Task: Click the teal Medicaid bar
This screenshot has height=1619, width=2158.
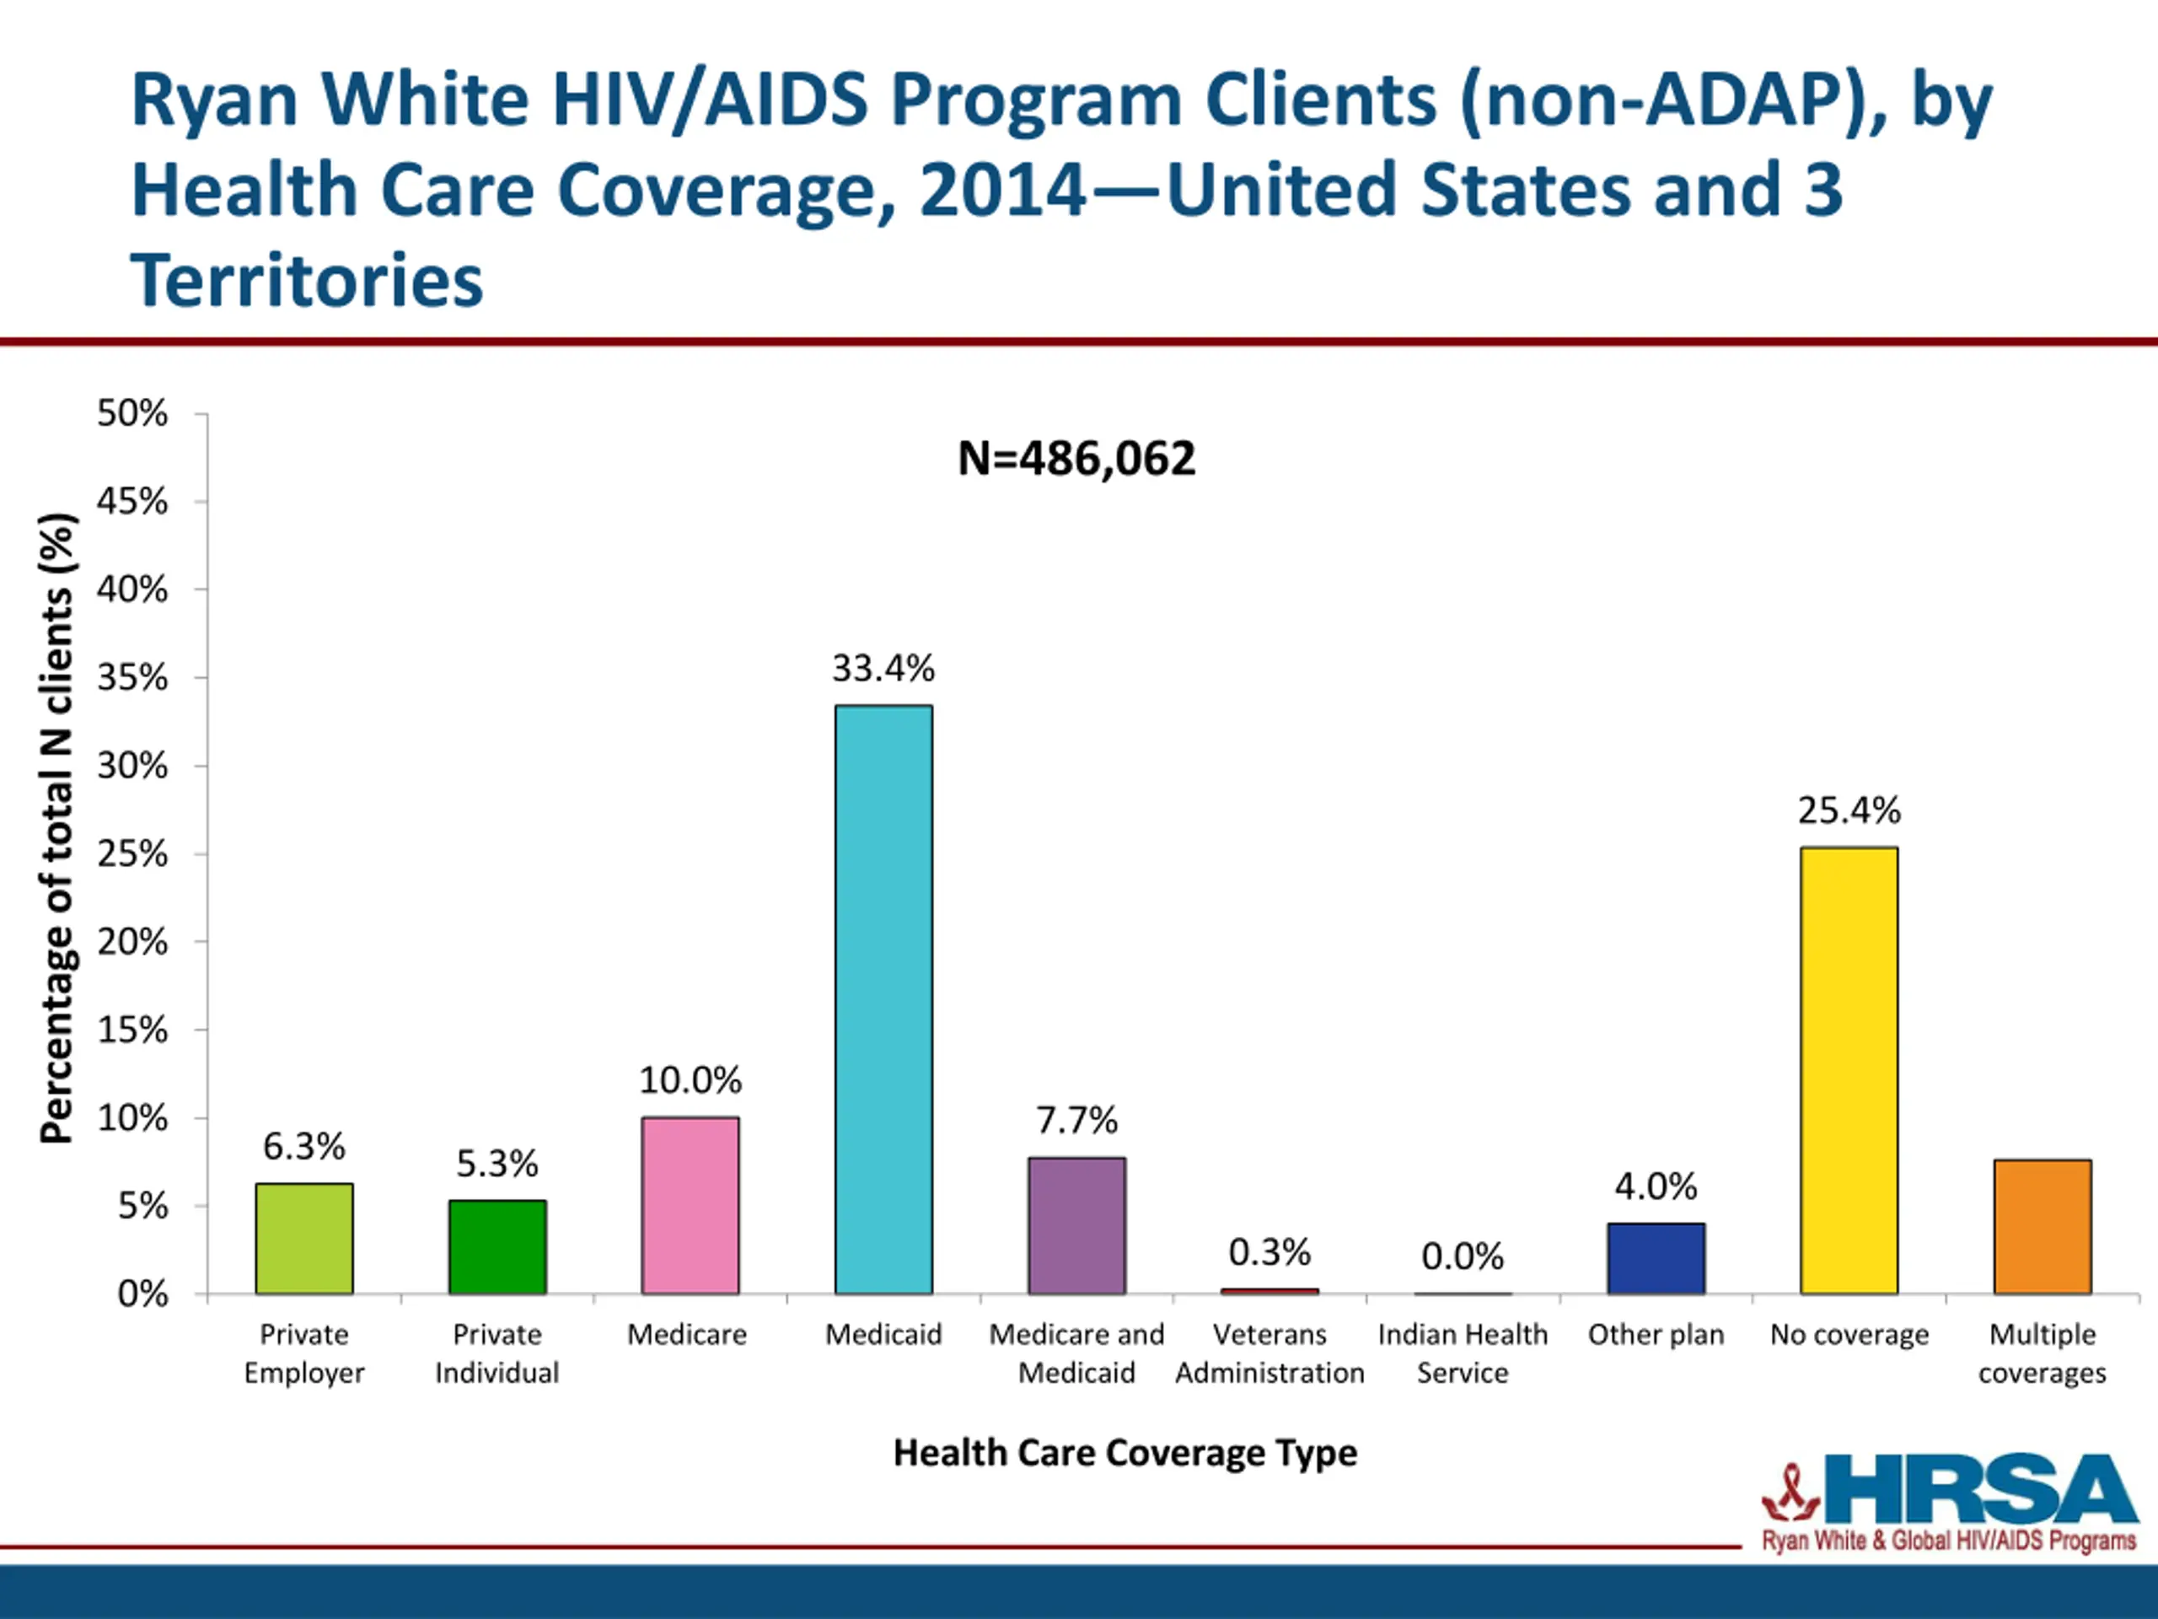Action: pos(883,999)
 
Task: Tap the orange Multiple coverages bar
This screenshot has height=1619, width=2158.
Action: pos(2042,1226)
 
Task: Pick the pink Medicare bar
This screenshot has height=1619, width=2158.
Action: pos(690,1205)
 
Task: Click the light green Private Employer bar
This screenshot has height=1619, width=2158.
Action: pos(304,1239)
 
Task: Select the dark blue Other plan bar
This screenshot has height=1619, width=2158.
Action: pos(1656,1258)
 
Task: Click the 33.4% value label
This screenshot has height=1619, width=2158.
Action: pos(883,669)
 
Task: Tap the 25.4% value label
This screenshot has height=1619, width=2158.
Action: pos(1849,810)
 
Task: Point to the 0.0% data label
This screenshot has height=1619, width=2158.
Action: pos(1463,1256)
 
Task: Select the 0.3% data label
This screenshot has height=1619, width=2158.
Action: pos(1270,1252)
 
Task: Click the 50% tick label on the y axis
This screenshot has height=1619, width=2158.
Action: pos(132,413)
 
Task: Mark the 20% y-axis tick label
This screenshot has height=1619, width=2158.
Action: pos(132,942)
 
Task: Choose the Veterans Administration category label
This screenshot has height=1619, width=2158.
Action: pos(1270,1353)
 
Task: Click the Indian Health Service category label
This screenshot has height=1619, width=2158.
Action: pos(1463,1353)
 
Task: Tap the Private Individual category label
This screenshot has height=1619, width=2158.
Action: pos(497,1353)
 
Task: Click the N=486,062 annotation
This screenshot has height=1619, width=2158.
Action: pos(1076,459)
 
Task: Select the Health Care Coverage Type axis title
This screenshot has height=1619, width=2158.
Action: pos(1125,1453)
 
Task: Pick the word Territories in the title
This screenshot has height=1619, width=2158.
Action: pos(306,280)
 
